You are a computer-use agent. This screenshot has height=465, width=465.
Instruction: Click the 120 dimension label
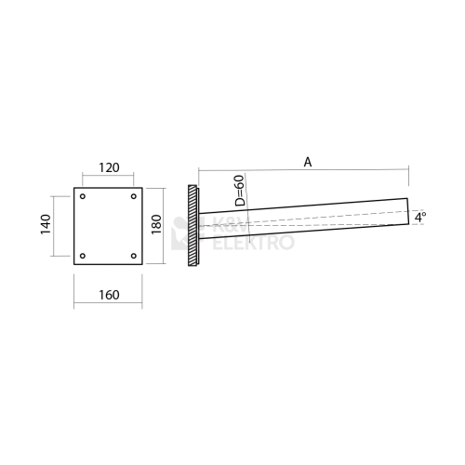point(109,167)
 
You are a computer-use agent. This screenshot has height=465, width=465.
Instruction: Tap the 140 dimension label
point(46,224)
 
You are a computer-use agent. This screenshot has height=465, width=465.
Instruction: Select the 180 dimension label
point(156,224)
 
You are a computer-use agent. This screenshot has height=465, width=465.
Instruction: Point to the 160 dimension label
point(109,295)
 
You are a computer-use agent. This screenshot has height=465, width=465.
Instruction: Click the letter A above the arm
point(308,162)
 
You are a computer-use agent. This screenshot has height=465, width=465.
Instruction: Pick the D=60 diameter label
point(240,191)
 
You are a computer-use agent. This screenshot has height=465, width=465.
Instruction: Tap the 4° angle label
point(420,217)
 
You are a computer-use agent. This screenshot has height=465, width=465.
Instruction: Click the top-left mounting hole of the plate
point(83,196)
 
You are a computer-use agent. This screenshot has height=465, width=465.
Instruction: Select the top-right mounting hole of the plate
point(134,196)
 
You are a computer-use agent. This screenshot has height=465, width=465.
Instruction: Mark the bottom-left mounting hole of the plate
point(83,256)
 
